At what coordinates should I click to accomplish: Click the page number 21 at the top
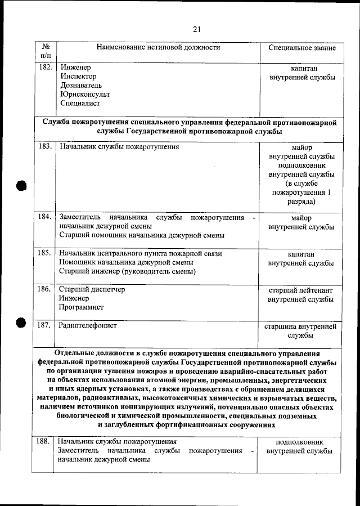click(196, 29)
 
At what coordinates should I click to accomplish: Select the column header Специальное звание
click(302, 48)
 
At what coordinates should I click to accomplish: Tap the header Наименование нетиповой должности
click(158, 48)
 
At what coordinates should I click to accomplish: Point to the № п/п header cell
click(46, 51)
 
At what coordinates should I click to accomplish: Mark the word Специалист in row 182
click(80, 104)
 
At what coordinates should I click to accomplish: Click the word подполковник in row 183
click(301, 165)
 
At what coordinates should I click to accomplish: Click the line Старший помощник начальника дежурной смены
click(142, 235)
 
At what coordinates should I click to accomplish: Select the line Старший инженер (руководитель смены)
click(127, 272)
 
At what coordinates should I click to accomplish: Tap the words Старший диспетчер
click(92, 290)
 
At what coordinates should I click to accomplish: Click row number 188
click(43, 442)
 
